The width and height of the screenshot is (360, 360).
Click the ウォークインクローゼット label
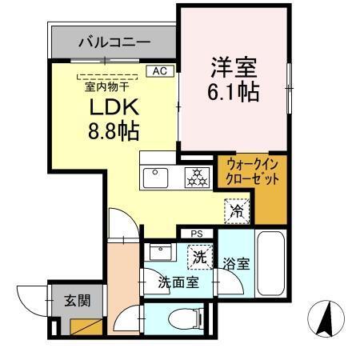[252, 172]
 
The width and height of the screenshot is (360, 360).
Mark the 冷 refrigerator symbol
[238, 211]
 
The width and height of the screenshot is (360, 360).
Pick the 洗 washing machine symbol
[197, 258]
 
